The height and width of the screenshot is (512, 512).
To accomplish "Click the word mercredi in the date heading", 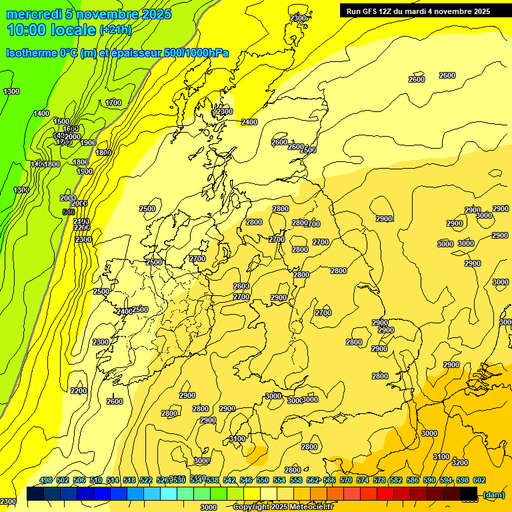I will pyautogui.click(x=33, y=14).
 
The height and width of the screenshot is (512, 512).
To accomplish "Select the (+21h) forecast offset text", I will pyautogui.click(x=115, y=30).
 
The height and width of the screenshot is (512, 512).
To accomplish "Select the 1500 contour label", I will pyautogui.click(x=62, y=121).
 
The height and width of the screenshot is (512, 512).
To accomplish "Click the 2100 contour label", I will pyautogui.click(x=81, y=221).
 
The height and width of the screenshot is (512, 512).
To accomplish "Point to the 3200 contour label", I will pyautogui.click(x=459, y=463).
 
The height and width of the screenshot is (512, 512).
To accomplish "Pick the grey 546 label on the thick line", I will pyautogui.click(x=68, y=212).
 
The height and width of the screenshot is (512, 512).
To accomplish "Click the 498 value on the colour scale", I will pyautogui.click(x=46, y=480).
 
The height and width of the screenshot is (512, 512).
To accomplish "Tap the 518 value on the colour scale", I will pyautogui.click(x=129, y=480).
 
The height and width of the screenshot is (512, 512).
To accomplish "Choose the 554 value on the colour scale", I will pyautogui.click(x=279, y=480).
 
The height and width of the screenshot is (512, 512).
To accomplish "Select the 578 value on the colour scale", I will pyautogui.click(x=379, y=480).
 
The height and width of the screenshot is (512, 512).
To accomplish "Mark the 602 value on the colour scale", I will pyautogui.click(x=479, y=480).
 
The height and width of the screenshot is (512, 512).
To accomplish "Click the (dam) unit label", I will pyautogui.click(x=493, y=494).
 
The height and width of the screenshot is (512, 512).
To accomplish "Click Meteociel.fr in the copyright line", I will pyautogui.click(x=311, y=507).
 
